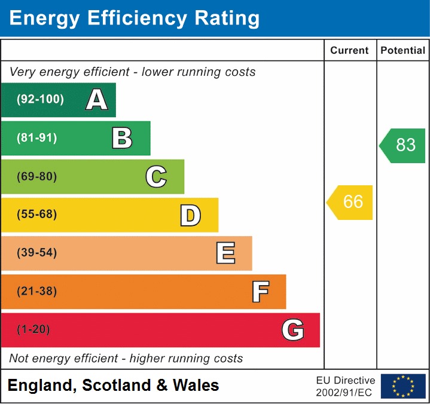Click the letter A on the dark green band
(97, 100)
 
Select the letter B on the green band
(122, 138)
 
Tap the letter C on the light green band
(156, 176)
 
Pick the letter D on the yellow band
(190, 215)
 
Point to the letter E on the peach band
(225, 253)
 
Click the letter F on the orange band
(260, 292)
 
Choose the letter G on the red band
(293, 330)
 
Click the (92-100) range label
(40, 100)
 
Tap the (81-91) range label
(37, 138)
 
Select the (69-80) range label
(37, 176)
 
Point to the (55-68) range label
(37, 215)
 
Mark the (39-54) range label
(37, 253)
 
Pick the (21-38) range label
(37, 292)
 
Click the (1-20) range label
(33, 330)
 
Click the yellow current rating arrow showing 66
(350, 202)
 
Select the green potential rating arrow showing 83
(403, 145)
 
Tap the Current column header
(350, 51)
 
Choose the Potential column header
(403, 51)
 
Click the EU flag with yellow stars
(403, 386)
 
